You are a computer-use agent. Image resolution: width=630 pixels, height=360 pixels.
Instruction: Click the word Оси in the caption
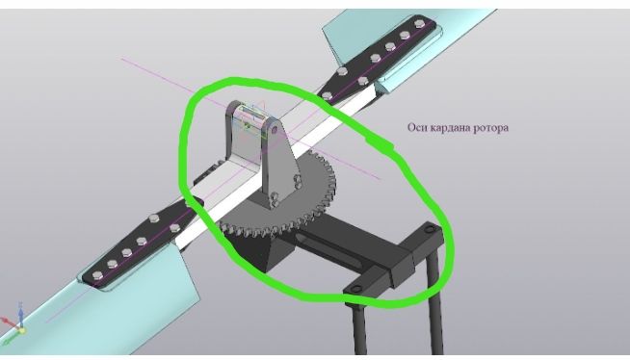tap(417, 128)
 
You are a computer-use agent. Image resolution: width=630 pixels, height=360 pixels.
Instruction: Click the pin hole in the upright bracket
tap(275, 130)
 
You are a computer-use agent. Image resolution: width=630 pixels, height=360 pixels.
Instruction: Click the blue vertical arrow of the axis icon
tap(21, 313)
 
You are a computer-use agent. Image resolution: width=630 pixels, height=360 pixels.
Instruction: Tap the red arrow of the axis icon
tap(8, 321)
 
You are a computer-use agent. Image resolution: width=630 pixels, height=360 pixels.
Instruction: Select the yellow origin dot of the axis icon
tap(22, 331)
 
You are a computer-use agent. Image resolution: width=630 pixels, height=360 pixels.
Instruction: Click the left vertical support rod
tap(360, 329)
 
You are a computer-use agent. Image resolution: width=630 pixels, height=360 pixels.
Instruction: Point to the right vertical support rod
tap(436, 305)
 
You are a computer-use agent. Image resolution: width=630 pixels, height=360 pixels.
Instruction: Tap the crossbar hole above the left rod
tap(355, 289)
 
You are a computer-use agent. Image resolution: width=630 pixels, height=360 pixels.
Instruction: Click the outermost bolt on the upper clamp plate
tap(419, 23)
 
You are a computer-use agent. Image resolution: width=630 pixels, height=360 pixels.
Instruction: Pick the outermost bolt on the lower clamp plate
tap(97, 276)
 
